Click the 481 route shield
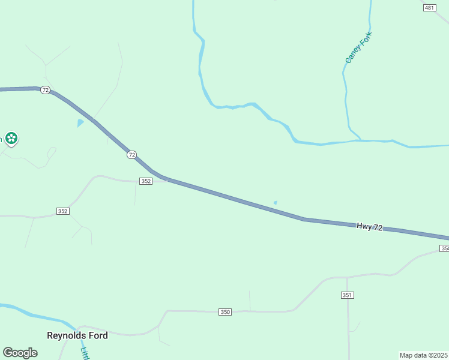tap(429, 8)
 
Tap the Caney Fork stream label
tap(358, 47)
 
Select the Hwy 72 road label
tap(369, 226)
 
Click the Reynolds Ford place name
tap(77, 335)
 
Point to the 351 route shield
tap(348, 295)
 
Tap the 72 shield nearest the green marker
tap(46, 89)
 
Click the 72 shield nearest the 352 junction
tap(132, 155)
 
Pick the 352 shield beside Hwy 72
tap(145, 181)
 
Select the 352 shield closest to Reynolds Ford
tap(63, 211)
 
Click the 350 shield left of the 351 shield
tap(225, 311)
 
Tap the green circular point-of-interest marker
tap(11, 139)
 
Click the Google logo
tap(20, 353)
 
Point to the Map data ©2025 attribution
tap(423, 355)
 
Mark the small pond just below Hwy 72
tap(275, 203)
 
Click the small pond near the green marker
tap(80, 123)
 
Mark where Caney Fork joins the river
tap(360, 140)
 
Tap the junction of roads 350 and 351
tap(348, 278)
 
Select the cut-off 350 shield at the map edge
tap(444, 248)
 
